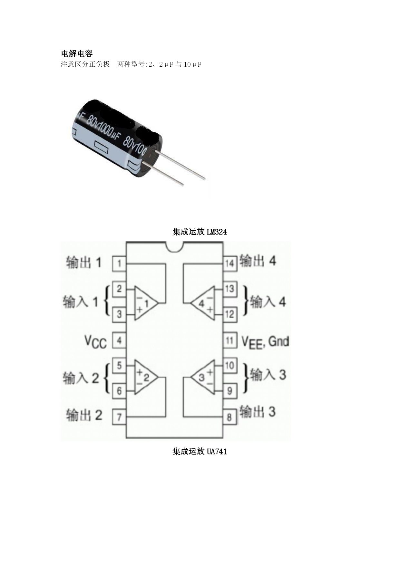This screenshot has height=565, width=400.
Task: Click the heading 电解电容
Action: tap(77, 53)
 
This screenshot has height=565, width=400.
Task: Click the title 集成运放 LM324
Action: tap(200, 232)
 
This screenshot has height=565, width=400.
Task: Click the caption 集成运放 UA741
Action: tap(200, 451)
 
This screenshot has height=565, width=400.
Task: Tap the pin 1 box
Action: tap(119, 264)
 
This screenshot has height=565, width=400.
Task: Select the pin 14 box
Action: tap(229, 263)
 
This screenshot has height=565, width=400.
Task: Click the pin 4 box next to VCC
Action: tap(119, 340)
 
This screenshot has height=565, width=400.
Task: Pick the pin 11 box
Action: tap(229, 340)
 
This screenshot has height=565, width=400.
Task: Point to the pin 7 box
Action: tap(119, 417)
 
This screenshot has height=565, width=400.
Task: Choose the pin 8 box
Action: tap(229, 417)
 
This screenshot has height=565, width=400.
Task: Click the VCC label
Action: tap(95, 342)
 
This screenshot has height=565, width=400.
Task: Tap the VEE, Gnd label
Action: tap(265, 342)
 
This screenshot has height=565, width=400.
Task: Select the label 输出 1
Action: tap(84, 262)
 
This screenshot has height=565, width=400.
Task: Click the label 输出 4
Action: tap(258, 261)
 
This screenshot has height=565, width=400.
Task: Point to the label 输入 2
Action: tap(81, 378)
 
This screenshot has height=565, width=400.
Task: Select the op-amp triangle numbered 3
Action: tap(203, 377)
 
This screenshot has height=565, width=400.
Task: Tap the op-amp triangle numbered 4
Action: tap(203, 303)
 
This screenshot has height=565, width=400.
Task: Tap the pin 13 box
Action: tap(229, 289)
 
